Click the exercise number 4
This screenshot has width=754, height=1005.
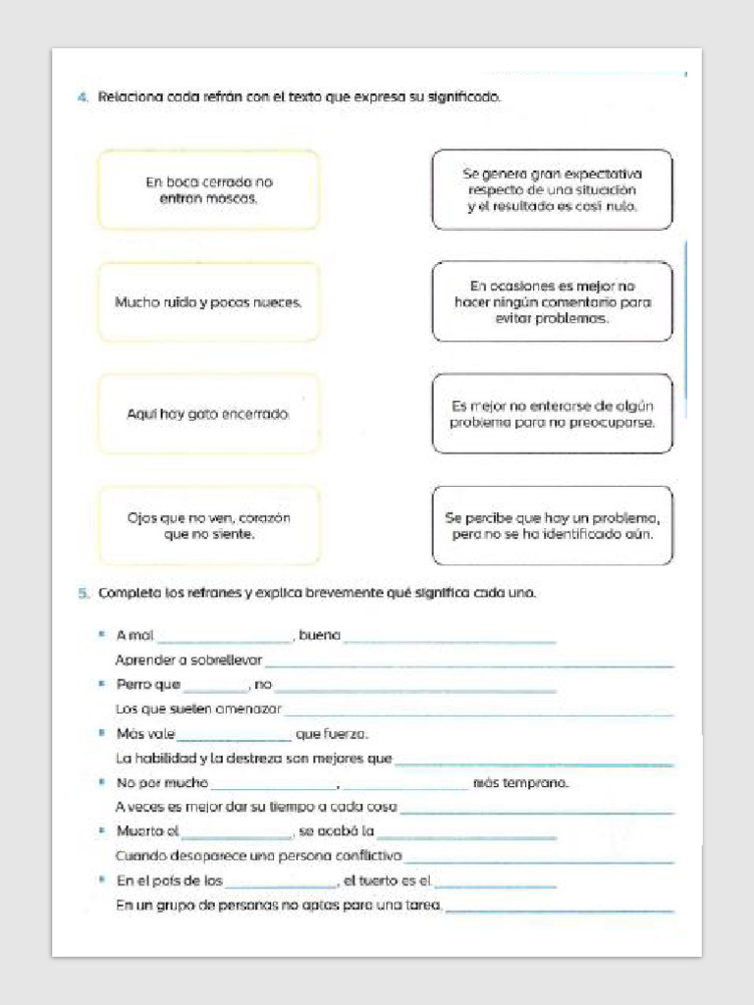pyautogui.click(x=81, y=97)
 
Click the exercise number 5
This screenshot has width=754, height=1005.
pyautogui.click(x=81, y=594)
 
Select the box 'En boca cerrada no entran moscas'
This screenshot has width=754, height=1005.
pyautogui.click(x=208, y=189)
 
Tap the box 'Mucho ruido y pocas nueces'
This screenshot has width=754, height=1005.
pyautogui.click(x=208, y=302)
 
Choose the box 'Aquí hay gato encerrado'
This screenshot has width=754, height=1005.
pyautogui.click(x=208, y=414)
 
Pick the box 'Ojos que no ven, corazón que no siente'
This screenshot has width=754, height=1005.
pyautogui.click(x=208, y=526)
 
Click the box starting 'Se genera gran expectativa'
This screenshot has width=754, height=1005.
pyautogui.click(x=552, y=189)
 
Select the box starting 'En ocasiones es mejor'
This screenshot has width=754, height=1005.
pyautogui.click(x=552, y=302)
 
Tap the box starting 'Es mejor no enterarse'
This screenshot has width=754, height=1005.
pyautogui.click(x=552, y=414)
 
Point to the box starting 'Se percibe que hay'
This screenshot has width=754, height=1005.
pyautogui.click(x=552, y=526)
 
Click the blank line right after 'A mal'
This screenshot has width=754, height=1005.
pyautogui.click(x=225, y=638)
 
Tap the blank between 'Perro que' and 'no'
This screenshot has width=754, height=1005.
pyautogui.click(x=216, y=687)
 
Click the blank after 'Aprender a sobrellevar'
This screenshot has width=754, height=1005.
pyautogui.click(x=469, y=663)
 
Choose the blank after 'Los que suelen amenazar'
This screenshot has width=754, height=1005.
pyautogui.click(x=478, y=712)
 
